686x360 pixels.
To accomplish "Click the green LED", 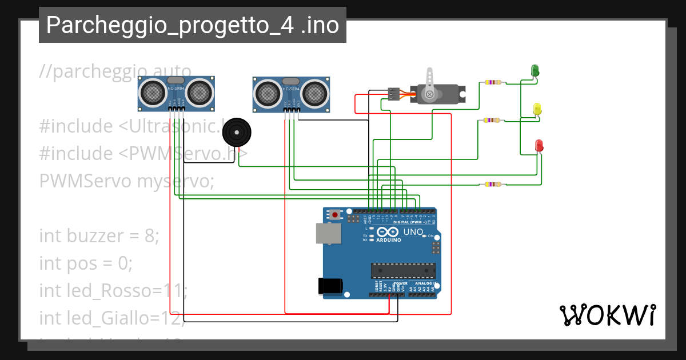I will [x=536, y=70].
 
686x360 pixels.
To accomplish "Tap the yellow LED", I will [x=537, y=108].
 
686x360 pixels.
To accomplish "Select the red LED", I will [x=539, y=145].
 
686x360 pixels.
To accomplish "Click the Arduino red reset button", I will [x=334, y=215].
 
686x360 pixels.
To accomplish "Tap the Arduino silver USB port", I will [x=329, y=233].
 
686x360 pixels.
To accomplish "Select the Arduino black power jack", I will [x=331, y=285].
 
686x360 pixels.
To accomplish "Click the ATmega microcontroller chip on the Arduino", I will [x=403, y=270].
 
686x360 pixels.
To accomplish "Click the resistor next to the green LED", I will [x=492, y=82].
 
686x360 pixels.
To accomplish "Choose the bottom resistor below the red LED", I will [x=492, y=184].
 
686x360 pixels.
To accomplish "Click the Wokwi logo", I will [x=607, y=315].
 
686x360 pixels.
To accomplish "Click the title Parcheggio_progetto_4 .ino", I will [x=193, y=26].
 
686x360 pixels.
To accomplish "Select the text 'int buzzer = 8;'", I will [x=99, y=235].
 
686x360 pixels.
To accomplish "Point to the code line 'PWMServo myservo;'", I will [x=126, y=181].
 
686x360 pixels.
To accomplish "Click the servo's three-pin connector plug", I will [x=393, y=93].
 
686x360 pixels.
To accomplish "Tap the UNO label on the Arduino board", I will [x=413, y=232].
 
